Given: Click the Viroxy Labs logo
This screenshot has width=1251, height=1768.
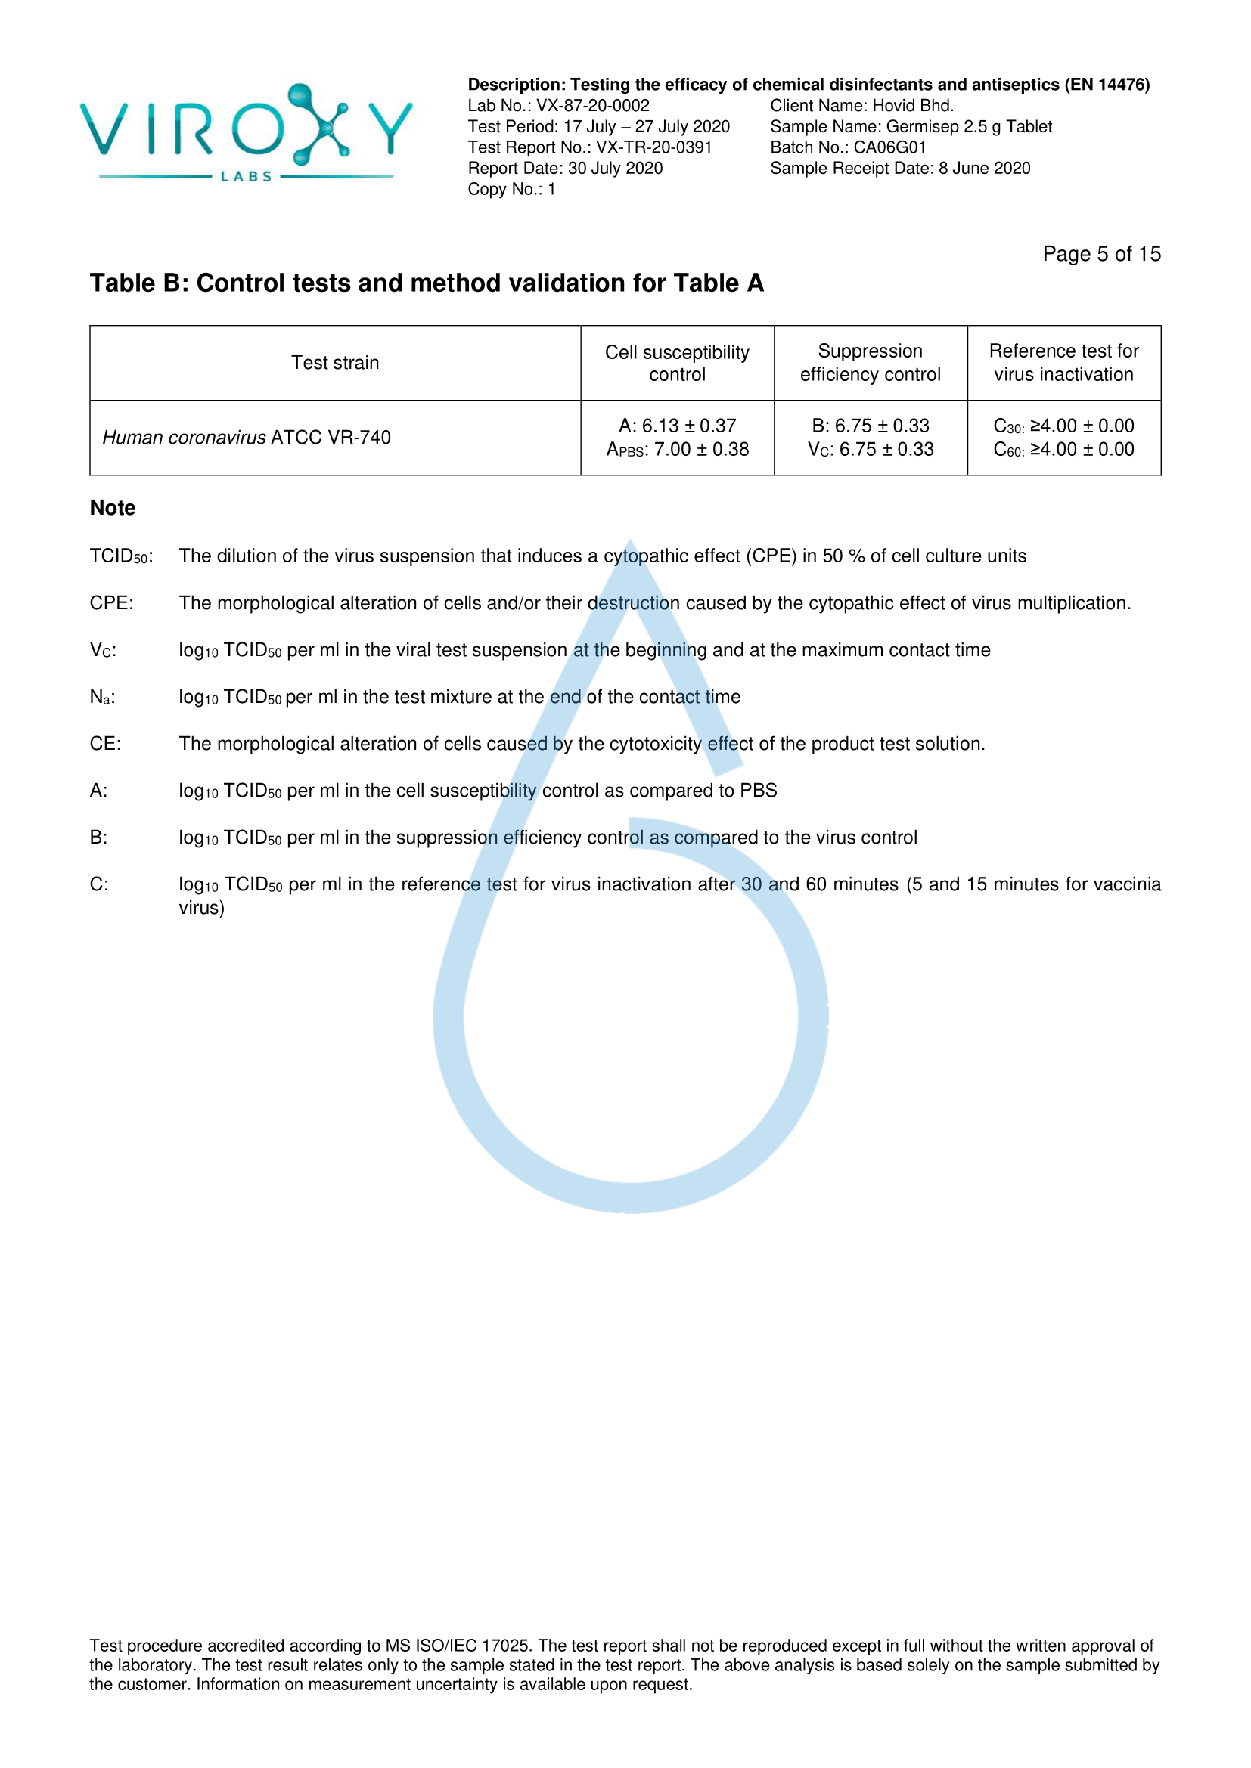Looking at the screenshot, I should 246,132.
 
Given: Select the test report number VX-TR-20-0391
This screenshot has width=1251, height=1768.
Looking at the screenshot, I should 653,147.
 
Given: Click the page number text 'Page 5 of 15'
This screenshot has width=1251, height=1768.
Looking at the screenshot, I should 1100,254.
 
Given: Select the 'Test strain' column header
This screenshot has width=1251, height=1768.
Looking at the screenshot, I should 335,363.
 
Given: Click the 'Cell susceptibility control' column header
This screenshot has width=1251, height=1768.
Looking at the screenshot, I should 677,363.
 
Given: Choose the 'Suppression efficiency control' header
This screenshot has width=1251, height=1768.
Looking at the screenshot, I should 871,363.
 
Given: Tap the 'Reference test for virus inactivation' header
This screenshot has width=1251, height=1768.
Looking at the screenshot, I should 1064,363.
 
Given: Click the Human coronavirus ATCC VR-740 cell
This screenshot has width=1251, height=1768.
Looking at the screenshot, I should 247,438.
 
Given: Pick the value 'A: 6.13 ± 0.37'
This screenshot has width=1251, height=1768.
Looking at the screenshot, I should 677,426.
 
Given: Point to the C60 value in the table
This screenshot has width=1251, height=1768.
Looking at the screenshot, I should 1064,450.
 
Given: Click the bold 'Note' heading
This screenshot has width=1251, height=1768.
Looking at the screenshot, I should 113,508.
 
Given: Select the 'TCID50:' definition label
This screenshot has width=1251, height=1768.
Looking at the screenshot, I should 121,556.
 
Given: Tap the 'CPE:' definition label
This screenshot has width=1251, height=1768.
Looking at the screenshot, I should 112,603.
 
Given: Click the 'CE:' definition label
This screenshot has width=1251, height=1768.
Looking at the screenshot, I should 106,744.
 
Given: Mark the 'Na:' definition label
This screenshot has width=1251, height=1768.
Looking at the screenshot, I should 102,697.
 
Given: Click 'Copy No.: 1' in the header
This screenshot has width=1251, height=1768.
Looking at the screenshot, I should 511,190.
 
